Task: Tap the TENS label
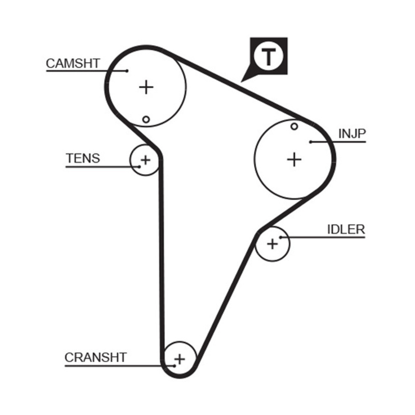click(x=82, y=158)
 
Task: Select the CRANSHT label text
click(x=95, y=357)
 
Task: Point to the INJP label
click(x=352, y=134)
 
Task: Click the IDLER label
click(x=346, y=229)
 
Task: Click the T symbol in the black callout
click(x=268, y=57)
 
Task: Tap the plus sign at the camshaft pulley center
click(x=147, y=87)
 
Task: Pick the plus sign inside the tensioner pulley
click(x=146, y=160)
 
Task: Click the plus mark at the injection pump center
click(x=294, y=159)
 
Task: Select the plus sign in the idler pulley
click(x=272, y=243)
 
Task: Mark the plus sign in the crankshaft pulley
click(x=179, y=358)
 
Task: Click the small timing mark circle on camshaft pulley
click(x=146, y=120)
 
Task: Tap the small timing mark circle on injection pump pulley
click(x=294, y=126)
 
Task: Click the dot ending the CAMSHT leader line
click(x=127, y=71)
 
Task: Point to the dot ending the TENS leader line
click(x=140, y=167)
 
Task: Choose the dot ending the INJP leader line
click(x=310, y=142)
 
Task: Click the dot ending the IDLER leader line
click(x=281, y=237)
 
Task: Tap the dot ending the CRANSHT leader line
click(x=174, y=365)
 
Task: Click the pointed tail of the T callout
click(x=242, y=80)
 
